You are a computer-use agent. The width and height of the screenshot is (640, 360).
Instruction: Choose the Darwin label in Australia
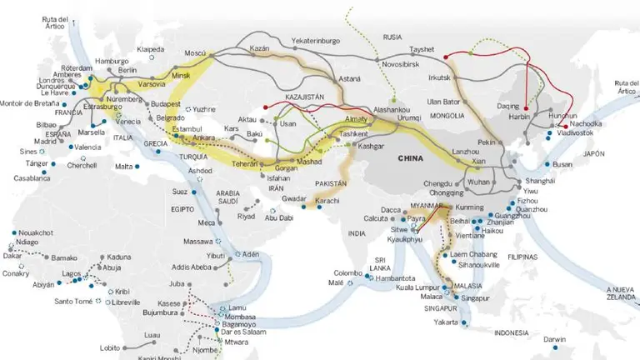(554, 339)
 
